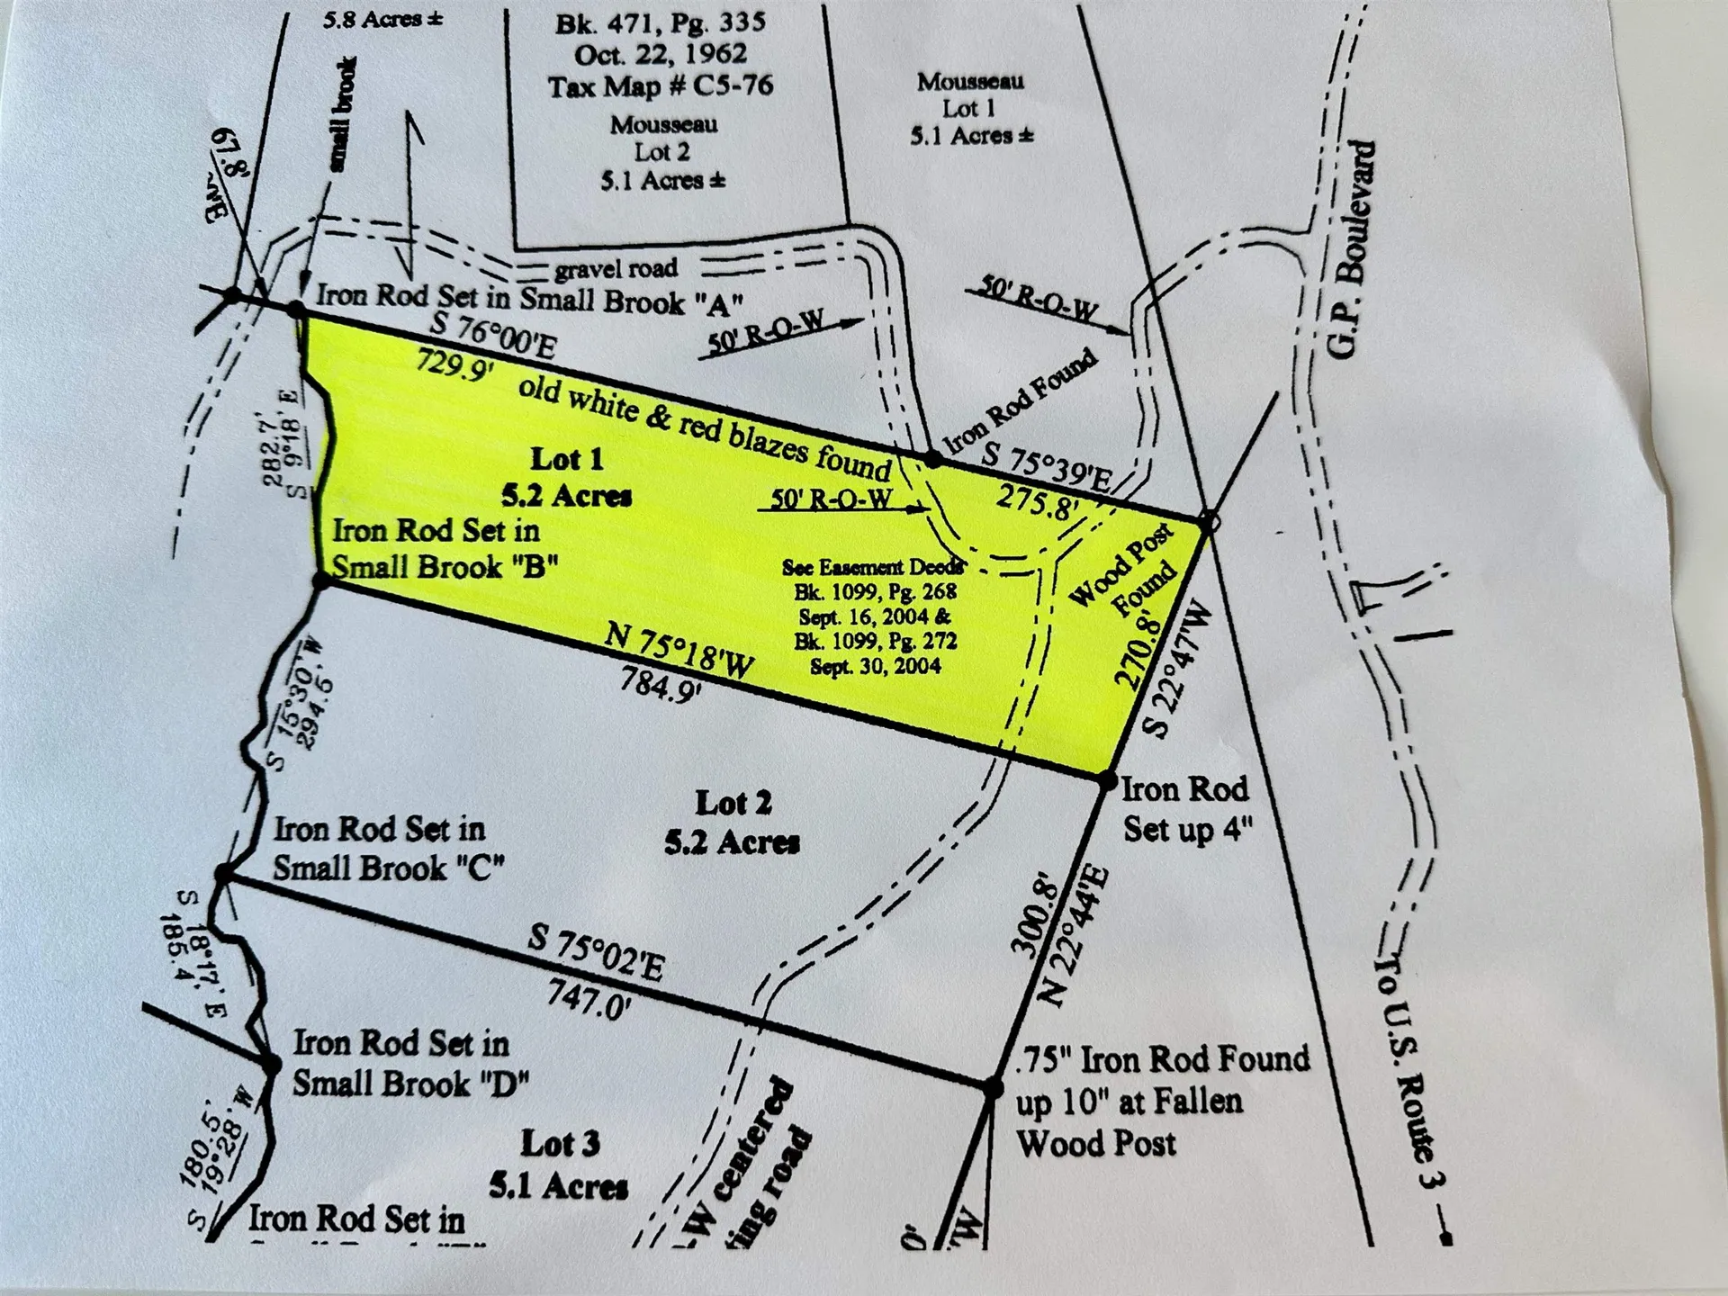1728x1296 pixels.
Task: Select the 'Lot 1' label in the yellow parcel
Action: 567,459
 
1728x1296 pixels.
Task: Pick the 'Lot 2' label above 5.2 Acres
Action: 733,803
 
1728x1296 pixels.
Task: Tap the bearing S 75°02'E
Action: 596,954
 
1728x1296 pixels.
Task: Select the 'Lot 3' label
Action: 560,1144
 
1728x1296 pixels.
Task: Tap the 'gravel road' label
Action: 616,268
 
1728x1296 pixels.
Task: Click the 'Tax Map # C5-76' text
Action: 661,86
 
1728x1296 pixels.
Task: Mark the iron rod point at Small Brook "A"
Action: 297,310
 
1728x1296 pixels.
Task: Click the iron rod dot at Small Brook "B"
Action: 321,581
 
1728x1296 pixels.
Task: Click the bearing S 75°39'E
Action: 1046,466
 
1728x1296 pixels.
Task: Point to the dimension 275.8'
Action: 1037,502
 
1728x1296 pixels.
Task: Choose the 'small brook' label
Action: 343,114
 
